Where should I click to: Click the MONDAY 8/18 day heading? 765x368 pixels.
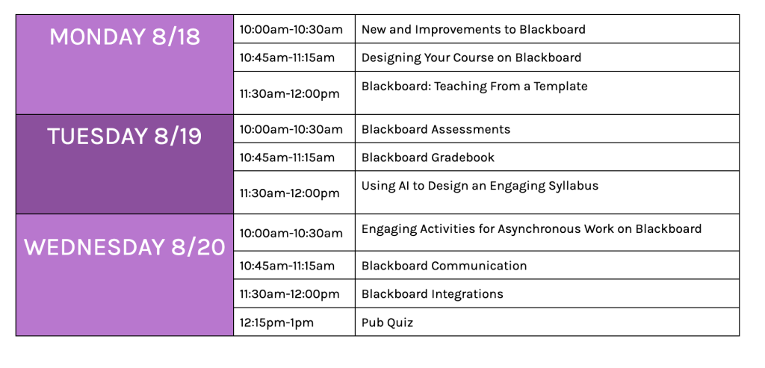pyautogui.click(x=125, y=37)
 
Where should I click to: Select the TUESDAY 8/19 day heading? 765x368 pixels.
pyautogui.click(x=125, y=137)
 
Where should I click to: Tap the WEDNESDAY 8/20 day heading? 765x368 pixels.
pyautogui.click(x=125, y=247)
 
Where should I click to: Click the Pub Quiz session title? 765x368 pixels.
pyautogui.click(x=388, y=322)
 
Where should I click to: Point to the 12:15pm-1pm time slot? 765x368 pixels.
pyautogui.click(x=276, y=322)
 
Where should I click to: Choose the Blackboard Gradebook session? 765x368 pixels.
pyautogui.click(x=428, y=158)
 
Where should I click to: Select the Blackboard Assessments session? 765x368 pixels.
pyautogui.click(x=436, y=129)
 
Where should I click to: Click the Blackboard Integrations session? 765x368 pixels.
pyautogui.click(x=433, y=294)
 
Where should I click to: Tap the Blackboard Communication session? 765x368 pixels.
pyautogui.click(x=444, y=266)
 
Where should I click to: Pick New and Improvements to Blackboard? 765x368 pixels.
pyautogui.click(x=473, y=29)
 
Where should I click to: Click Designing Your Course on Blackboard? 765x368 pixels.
pyautogui.click(x=471, y=57)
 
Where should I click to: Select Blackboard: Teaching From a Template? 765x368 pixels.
pyautogui.click(x=474, y=87)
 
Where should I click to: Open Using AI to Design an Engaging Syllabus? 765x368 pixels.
pyautogui.click(x=480, y=186)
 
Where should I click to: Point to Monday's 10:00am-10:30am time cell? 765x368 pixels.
pyautogui.click(x=291, y=29)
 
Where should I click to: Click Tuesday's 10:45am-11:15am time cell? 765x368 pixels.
pyautogui.click(x=287, y=158)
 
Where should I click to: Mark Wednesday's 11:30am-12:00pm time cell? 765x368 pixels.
pyautogui.click(x=289, y=294)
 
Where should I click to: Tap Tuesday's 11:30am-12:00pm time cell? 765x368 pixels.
pyautogui.click(x=289, y=193)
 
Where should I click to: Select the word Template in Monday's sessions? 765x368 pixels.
pyautogui.click(x=560, y=87)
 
